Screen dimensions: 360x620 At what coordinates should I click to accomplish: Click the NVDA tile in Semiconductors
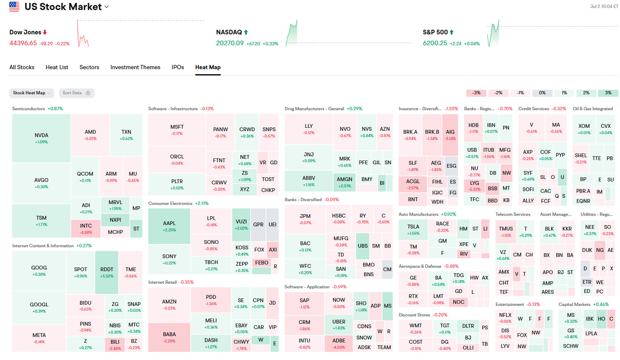coord(41,138)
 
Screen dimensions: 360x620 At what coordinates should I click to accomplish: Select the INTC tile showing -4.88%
coord(86,228)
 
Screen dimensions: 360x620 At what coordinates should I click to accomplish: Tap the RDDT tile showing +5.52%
coord(107,272)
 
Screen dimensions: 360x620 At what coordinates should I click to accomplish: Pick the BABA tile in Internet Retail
coord(169,337)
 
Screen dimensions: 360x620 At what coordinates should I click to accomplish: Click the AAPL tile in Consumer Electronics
coord(169,226)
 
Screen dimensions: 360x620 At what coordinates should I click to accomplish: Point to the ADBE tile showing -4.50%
coord(339,343)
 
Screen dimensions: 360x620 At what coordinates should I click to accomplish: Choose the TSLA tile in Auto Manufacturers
coord(413,229)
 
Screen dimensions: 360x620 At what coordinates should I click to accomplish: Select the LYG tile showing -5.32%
coord(475,186)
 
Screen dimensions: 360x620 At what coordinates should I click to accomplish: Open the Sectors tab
coord(89,67)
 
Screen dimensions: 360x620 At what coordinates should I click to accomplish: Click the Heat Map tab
coord(208,67)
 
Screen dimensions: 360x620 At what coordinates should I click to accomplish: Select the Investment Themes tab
coord(135,67)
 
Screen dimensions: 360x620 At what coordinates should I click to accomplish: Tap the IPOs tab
coord(178,67)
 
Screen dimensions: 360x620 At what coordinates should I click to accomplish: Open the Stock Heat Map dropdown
coord(31,93)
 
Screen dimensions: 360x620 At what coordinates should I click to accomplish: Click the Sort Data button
coord(76,93)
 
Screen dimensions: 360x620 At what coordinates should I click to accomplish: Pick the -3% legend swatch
coord(476,93)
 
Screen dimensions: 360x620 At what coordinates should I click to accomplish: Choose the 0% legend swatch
coord(542,93)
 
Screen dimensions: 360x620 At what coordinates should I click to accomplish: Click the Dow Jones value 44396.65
coord(23,43)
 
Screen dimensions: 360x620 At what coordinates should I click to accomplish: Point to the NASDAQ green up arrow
coord(246,32)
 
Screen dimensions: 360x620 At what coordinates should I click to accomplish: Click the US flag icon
coord(14,7)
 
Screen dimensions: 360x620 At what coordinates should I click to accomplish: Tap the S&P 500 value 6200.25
coord(435,43)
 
